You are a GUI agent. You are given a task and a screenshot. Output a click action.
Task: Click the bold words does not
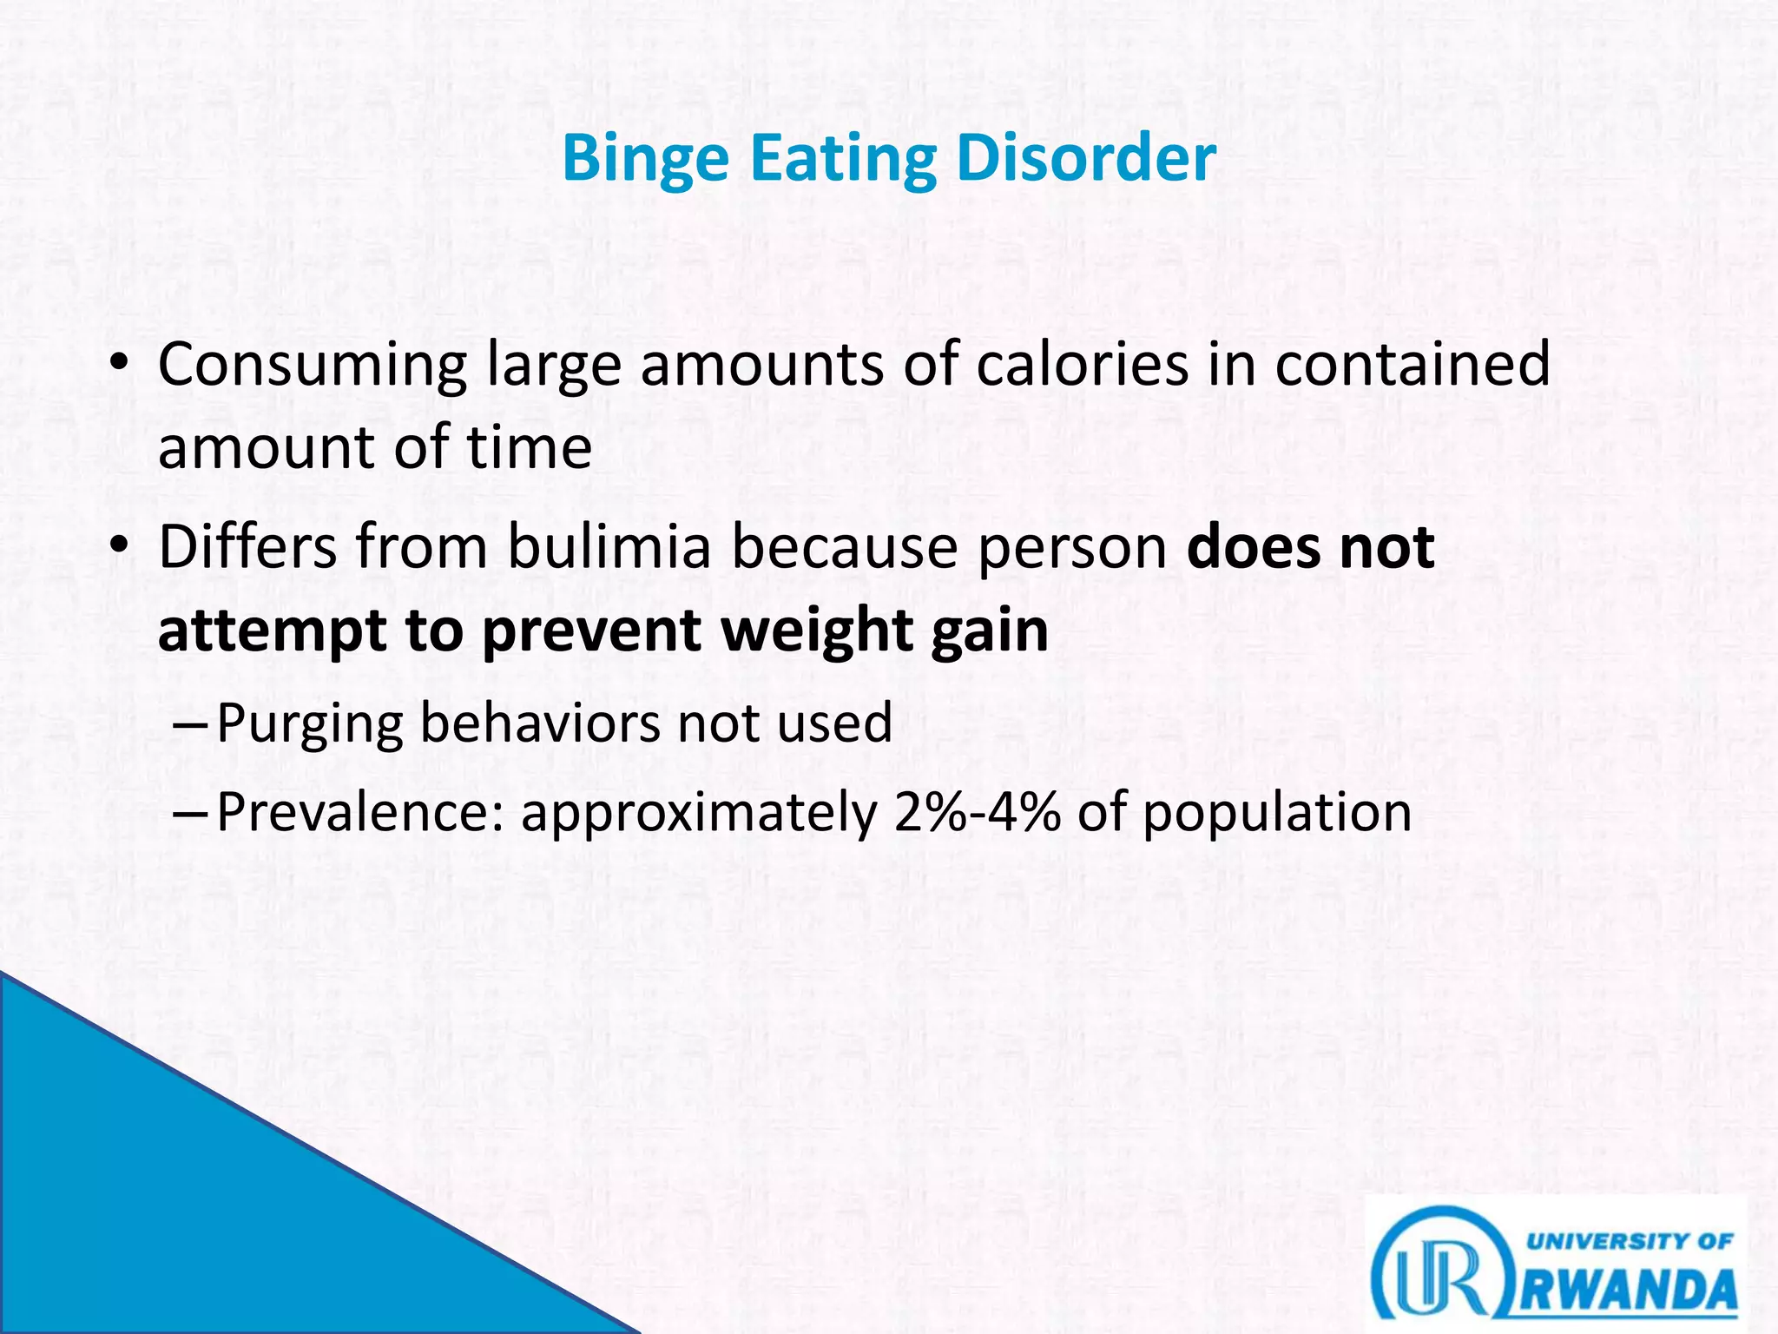[x=1310, y=547]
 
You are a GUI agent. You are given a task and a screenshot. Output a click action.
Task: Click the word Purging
[x=310, y=723]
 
